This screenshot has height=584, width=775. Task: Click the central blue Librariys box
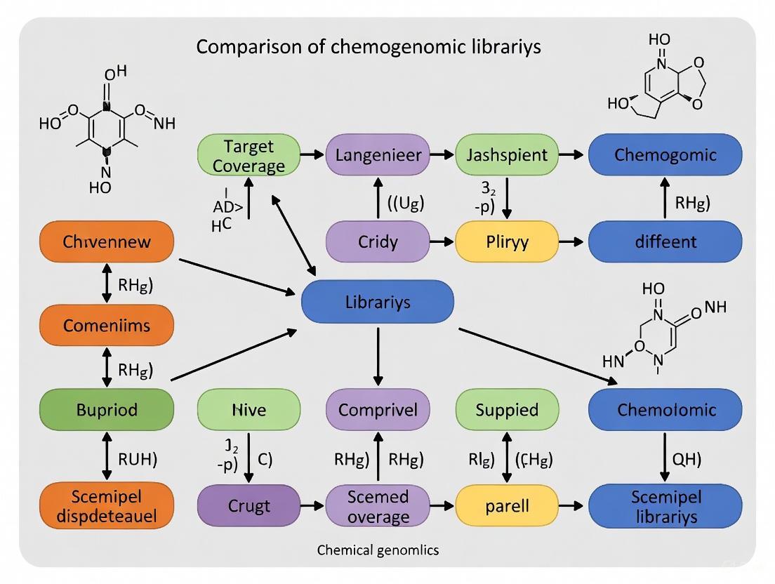377,303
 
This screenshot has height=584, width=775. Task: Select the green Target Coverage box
249,155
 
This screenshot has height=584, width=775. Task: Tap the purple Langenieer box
378,154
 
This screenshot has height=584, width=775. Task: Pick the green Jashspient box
508,154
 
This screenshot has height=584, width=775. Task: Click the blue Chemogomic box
664,154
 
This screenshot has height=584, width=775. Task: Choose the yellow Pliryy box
508,242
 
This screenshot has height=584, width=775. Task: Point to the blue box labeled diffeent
664,242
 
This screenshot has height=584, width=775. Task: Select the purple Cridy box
378,242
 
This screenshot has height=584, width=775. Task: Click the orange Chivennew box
106,242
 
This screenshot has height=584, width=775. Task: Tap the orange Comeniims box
106,326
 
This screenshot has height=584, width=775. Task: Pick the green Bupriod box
106,409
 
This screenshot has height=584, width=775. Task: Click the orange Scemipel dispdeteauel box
106,507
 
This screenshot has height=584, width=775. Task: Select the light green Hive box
249,409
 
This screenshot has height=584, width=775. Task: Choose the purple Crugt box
249,506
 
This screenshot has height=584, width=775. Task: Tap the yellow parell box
508,506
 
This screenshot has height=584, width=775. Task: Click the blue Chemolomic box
664,409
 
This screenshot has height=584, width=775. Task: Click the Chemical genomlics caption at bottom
378,550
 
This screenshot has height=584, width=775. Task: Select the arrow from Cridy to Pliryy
442,242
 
